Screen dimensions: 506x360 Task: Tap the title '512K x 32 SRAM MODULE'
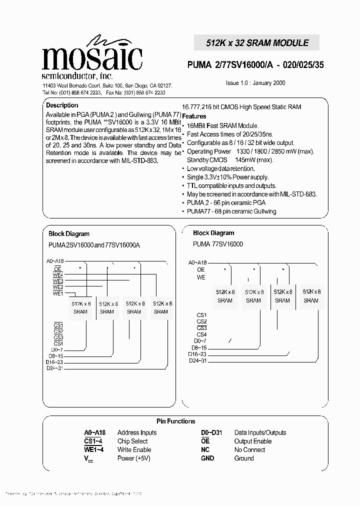click(257, 43)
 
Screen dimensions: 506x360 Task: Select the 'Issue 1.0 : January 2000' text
click(255, 83)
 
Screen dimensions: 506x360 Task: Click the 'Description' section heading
click(62, 105)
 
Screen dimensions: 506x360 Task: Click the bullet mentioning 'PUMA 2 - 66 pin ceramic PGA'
click(226, 202)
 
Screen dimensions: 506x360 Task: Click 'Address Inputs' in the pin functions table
click(136, 433)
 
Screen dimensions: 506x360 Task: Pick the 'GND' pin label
click(207, 458)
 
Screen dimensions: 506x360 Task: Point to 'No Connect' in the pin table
click(249, 449)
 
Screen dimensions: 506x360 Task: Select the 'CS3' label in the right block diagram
click(201, 328)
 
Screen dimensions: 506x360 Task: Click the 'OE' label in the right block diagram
click(200, 269)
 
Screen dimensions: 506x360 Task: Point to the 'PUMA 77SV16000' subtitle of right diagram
click(218, 244)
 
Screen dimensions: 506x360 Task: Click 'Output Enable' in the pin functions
click(252, 441)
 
